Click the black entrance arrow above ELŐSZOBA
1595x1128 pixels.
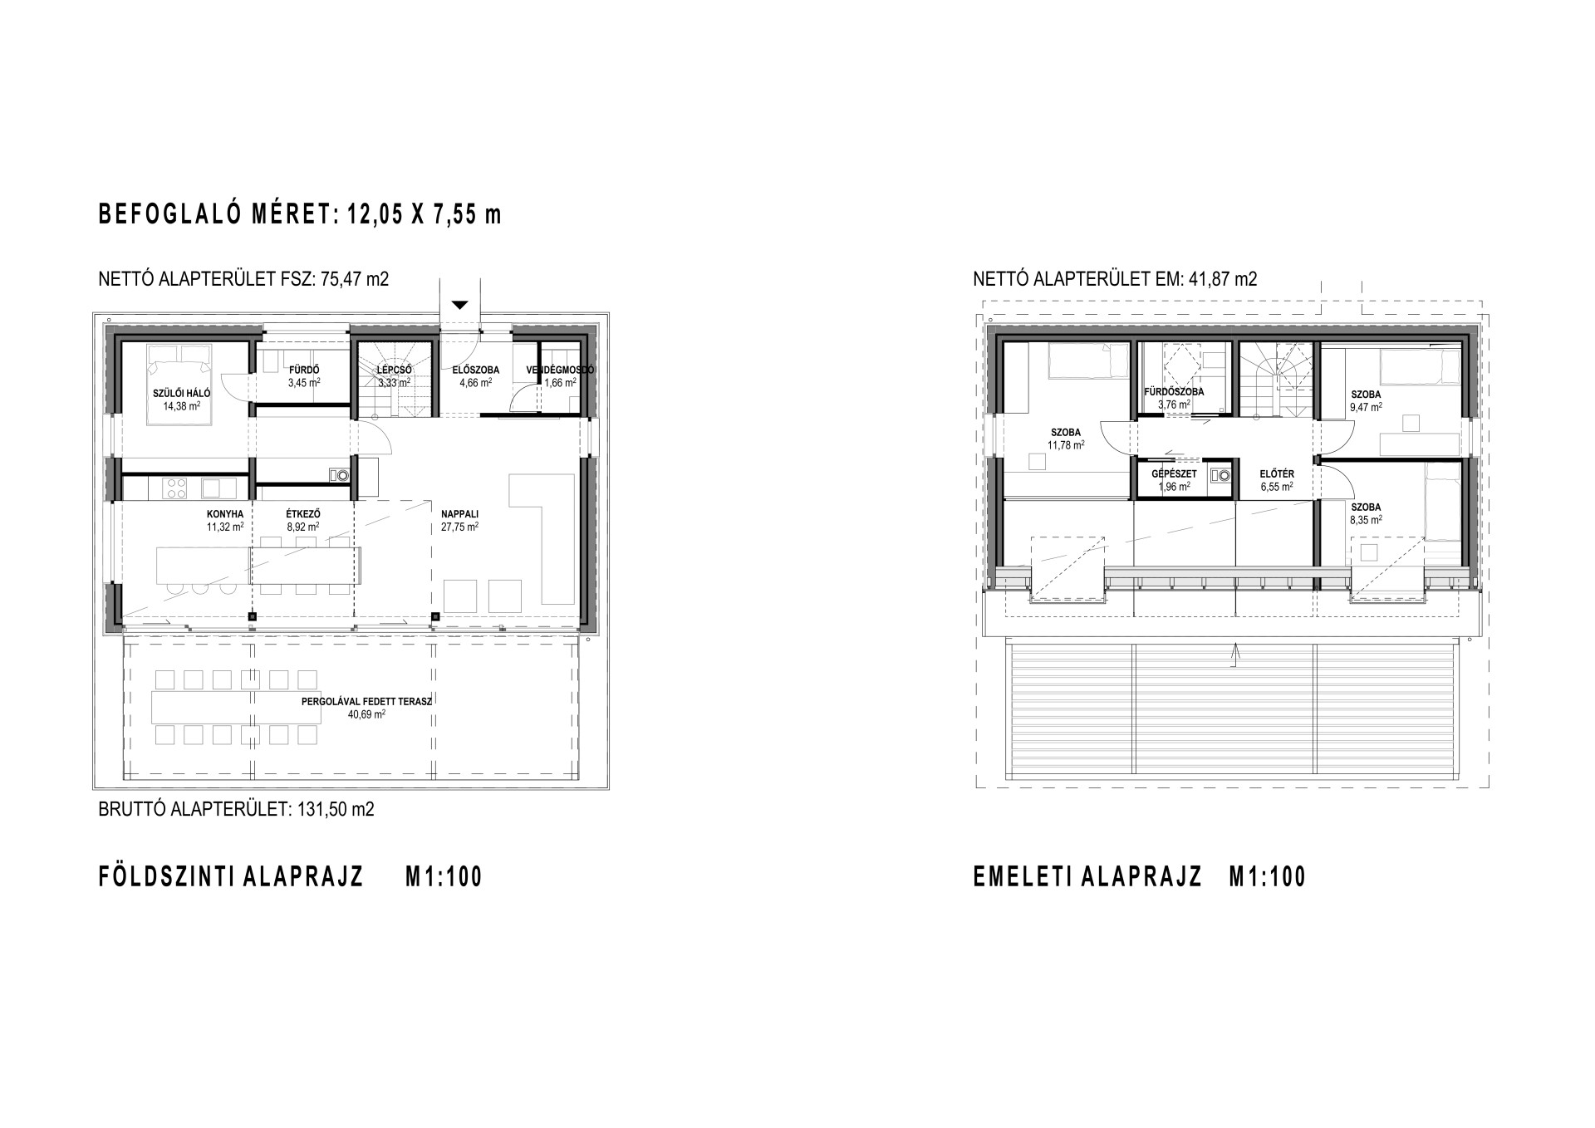click(x=460, y=305)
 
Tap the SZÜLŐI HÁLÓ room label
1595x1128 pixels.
click(x=182, y=394)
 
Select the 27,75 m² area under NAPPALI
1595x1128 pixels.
click(x=459, y=527)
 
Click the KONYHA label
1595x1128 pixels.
click(x=225, y=514)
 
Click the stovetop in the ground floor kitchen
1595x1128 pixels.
click(x=175, y=488)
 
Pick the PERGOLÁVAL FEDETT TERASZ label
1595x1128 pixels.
click(x=366, y=701)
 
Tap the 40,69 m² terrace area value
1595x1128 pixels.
click(x=366, y=714)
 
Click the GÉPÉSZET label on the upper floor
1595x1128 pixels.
click(x=1174, y=474)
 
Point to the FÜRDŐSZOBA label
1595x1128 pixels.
click(x=1174, y=392)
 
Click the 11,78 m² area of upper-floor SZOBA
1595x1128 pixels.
click(x=1066, y=445)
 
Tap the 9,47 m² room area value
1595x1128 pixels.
click(x=1366, y=407)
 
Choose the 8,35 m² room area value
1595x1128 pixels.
click(x=1366, y=520)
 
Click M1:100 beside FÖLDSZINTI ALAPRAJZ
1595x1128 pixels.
click(x=444, y=877)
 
